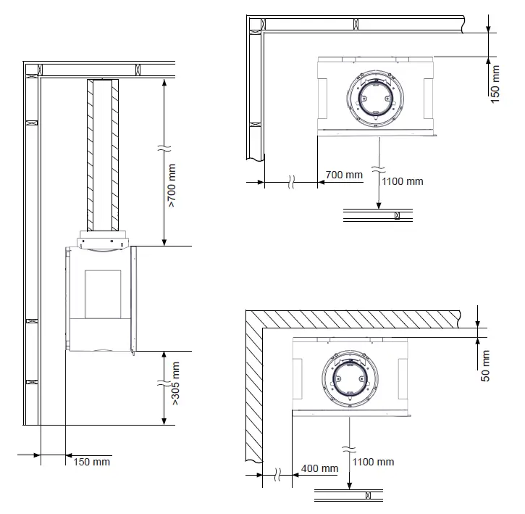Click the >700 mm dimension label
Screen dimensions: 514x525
point(172,186)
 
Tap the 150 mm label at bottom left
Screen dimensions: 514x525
point(92,462)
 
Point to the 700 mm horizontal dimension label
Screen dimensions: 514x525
point(344,175)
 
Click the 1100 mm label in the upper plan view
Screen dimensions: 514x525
point(403,181)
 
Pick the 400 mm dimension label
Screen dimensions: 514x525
point(319,468)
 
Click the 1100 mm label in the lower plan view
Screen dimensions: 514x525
point(374,462)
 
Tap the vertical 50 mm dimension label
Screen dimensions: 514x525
point(486,365)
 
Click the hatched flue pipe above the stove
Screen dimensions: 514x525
point(102,154)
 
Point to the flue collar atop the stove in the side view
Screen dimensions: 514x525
point(102,238)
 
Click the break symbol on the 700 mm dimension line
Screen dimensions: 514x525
point(291,181)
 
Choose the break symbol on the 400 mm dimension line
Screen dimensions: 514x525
point(277,476)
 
